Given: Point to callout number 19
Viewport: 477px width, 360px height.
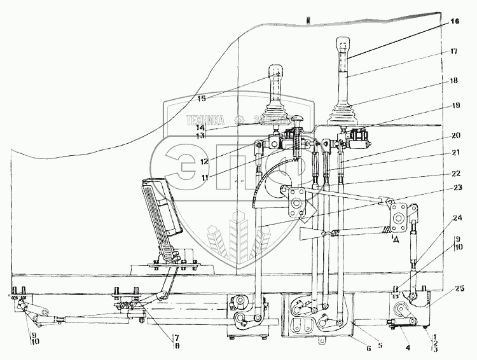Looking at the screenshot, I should click(x=452, y=106).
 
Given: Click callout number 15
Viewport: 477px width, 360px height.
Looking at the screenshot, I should click(x=202, y=98).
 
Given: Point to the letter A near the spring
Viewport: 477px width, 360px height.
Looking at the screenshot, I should click(x=396, y=239).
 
